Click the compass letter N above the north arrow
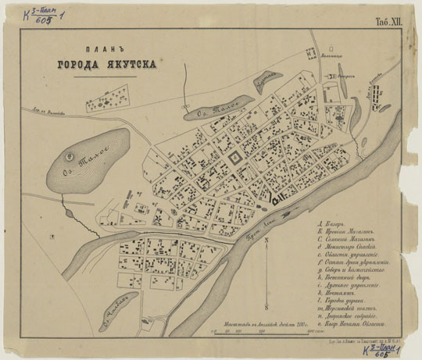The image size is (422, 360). coord(266,240)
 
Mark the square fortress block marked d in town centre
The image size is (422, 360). coord(233,160)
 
